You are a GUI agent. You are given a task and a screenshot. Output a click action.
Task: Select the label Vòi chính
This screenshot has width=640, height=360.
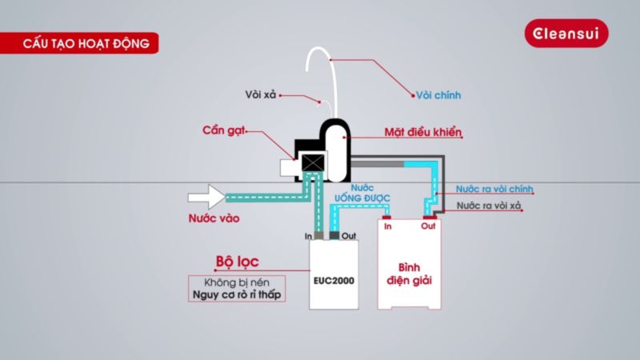click(438, 95)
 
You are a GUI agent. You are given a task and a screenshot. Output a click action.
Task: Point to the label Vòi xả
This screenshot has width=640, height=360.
click(260, 95)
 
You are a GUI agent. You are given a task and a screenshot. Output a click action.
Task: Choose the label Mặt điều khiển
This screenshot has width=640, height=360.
click(423, 130)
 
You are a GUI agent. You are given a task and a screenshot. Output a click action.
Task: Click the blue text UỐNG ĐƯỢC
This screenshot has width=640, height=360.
click(361, 195)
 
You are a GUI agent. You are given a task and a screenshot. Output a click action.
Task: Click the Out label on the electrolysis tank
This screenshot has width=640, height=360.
click(428, 226)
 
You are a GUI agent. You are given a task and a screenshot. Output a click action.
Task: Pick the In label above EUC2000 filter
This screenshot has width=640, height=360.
click(309, 236)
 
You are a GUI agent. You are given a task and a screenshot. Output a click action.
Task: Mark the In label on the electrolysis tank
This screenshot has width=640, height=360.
click(388, 227)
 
